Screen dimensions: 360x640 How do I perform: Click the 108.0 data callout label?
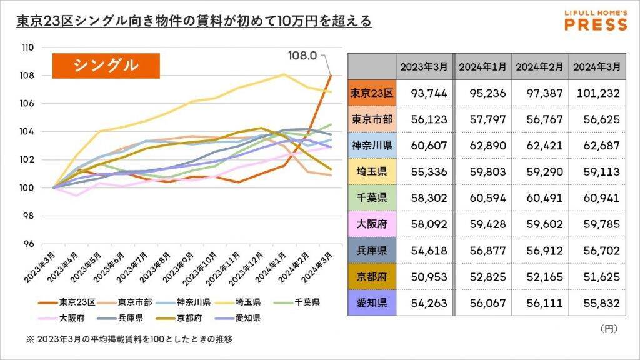pyautogui.click(x=302, y=56)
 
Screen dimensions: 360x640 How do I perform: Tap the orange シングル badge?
pyautogui.click(x=106, y=64)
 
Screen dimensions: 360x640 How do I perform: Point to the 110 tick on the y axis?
pyautogui.click(x=45, y=47)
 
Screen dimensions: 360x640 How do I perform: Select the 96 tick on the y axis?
pyautogui.click(x=45, y=244)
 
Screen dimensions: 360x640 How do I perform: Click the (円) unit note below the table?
pyautogui.click(x=608, y=327)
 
